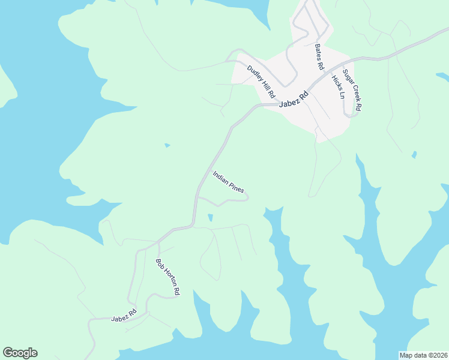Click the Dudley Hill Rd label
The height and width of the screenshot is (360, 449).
(261, 82)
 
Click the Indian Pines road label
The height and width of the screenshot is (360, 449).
(228, 182)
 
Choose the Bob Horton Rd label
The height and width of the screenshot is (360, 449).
(167, 276)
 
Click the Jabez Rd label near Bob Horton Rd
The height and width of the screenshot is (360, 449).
(124, 316)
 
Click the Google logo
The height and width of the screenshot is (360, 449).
(20, 353)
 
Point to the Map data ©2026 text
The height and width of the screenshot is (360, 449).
(423, 355)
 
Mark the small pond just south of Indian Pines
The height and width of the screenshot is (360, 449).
(209, 217)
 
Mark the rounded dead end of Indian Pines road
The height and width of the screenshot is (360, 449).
(246, 198)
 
